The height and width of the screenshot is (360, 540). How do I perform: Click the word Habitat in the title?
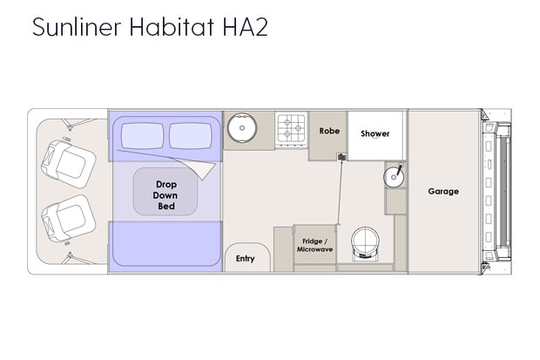click(172, 26)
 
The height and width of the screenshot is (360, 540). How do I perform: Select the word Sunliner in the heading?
click(77, 26)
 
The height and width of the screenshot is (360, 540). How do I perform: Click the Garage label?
click(443, 192)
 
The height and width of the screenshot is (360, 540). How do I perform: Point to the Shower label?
click(375, 133)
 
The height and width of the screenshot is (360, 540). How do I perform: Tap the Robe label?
click(329, 131)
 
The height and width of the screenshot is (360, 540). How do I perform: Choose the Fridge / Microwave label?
click(314, 245)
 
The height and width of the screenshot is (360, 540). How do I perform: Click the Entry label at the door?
click(246, 259)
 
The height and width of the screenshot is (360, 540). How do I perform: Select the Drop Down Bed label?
click(165, 195)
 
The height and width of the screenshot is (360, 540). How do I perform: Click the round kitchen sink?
click(242, 127)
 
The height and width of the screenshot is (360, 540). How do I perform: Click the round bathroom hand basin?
click(394, 177)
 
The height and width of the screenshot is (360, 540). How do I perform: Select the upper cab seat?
click(68, 164)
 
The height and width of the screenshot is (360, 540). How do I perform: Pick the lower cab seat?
click(68, 219)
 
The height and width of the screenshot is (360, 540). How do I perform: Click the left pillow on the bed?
click(142, 136)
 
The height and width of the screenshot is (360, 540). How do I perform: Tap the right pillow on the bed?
click(191, 136)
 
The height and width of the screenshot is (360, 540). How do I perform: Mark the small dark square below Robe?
click(342, 157)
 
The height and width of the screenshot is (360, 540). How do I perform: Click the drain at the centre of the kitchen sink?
click(242, 128)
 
